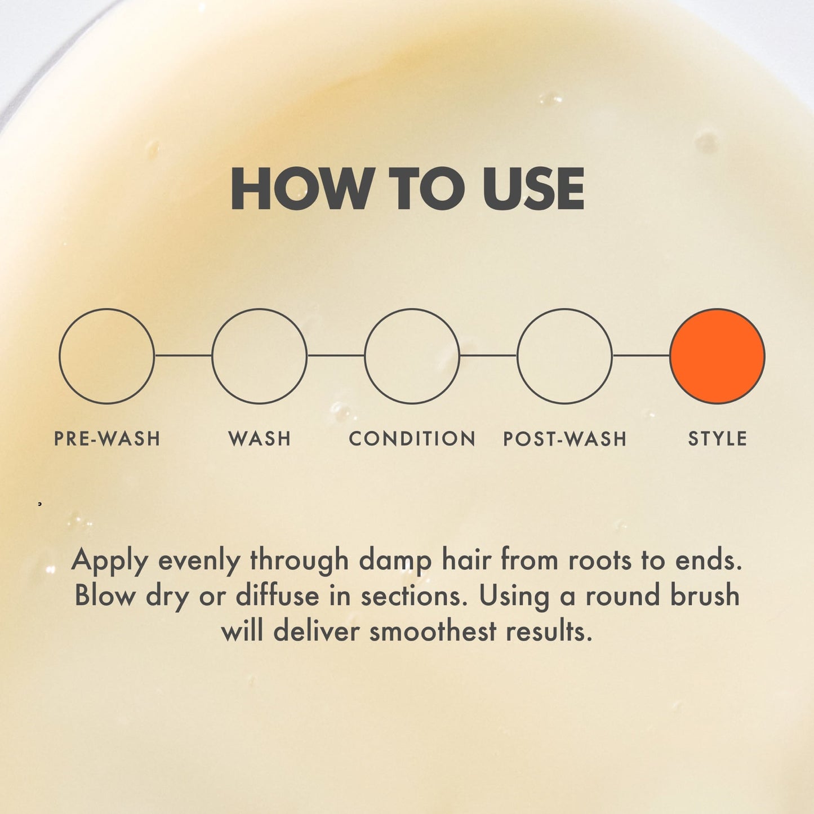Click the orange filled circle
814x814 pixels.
click(717, 356)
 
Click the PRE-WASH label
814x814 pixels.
click(107, 438)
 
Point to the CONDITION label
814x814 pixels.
click(412, 438)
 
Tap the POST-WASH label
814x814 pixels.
click(565, 438)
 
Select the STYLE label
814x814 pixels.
click(718, 438)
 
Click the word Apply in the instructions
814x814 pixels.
click(110, 561)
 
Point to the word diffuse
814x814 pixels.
click(277, 596)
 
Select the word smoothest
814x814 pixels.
click(433, 631)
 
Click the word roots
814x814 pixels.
click(599, 561)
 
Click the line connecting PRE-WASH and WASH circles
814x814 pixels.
click(183, 355)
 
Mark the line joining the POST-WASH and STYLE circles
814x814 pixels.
click(641, 355)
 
